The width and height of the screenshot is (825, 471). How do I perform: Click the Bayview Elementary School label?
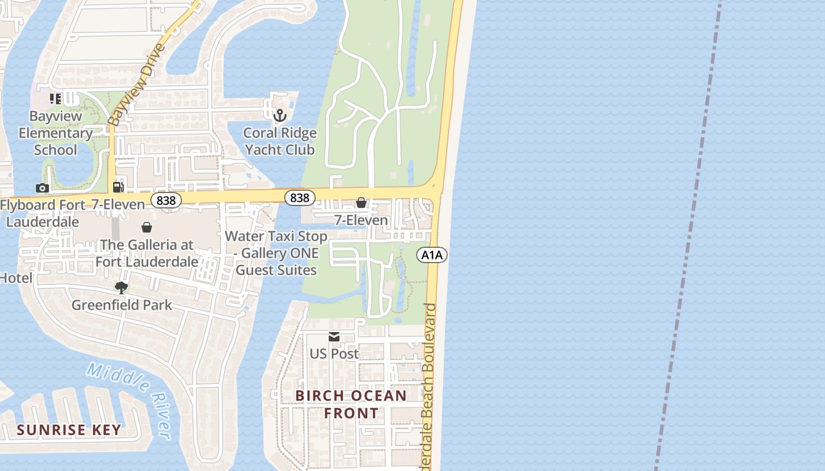coord(55,133)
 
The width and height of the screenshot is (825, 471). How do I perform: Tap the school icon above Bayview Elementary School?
coord(55,99)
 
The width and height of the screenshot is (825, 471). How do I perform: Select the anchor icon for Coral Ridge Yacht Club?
coord(279,115)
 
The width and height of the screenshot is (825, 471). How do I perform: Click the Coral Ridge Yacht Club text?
coord(279,141)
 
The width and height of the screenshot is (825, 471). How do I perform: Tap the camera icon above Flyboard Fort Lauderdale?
coord(42,188)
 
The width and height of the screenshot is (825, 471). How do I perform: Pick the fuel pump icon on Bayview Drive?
coord(118,187)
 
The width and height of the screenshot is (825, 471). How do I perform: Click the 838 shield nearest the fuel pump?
coord(166,200)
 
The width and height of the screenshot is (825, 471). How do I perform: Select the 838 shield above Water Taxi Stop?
coord(299,198)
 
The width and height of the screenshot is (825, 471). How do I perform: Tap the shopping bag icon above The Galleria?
coord(146,227)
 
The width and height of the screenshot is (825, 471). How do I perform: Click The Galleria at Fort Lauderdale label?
coord(146,253)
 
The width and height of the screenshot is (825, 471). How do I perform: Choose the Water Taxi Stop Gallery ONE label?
coord(276,253)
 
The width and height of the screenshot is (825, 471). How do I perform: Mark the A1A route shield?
coord(432,254)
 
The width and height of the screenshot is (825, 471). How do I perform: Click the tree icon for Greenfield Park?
coord(121,288)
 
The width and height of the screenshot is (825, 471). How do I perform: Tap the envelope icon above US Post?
coord(334,337)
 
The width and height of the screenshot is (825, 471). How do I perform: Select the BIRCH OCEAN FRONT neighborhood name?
coord(351,404)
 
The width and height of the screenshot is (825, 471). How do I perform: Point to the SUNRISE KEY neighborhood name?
coord(69,430)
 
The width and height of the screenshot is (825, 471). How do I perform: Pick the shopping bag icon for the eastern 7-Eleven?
coord(361,203)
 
